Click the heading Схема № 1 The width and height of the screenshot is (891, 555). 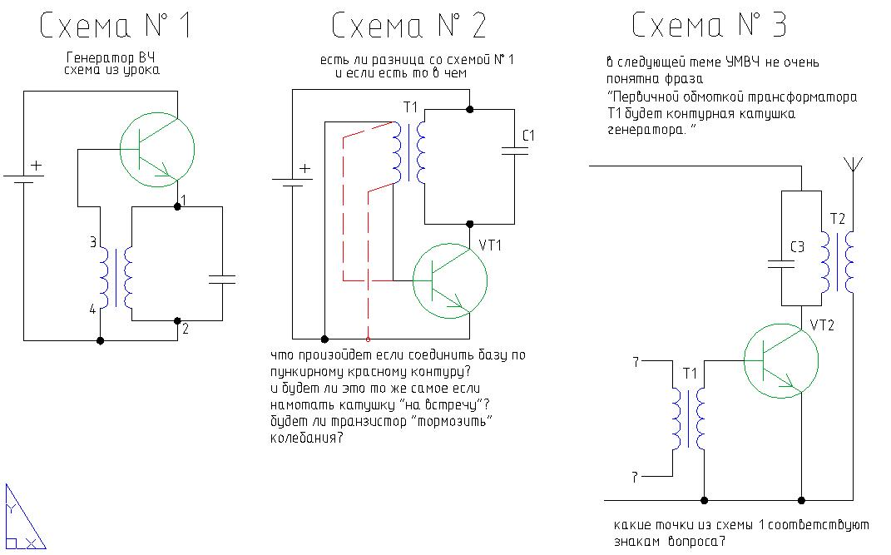point(116,27)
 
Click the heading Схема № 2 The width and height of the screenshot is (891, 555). point(408,27)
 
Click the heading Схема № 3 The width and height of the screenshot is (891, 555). point(709,27)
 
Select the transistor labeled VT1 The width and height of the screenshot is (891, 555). point(450,280)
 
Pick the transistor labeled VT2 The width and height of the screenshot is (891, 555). point(780,363)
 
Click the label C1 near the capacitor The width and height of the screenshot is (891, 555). point(527,135)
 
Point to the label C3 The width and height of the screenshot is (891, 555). point(797,247)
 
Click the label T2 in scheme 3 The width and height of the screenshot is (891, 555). point(838,219)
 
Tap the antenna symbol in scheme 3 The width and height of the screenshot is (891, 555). point(853,165)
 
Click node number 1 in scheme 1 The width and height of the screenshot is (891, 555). point(185,201)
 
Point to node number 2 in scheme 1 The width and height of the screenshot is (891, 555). point(186,329)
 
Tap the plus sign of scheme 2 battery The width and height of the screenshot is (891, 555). point(305,169)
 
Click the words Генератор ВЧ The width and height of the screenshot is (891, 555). point(111,57)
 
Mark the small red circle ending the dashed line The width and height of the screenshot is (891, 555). point(368,339)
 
